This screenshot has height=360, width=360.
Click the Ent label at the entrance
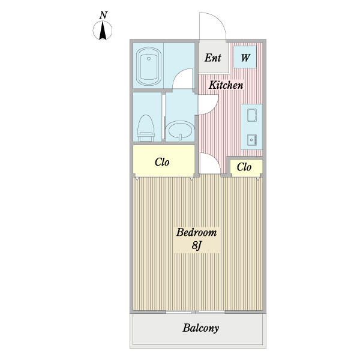pyautogui.click(x=213, y=58)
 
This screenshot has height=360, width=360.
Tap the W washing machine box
pyautogui.click(x=246, y=58)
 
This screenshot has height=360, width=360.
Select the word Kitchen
pyautogui.click(x=226, y=85)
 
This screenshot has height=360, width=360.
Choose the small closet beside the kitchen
pyautogui.click(x=244, y=167)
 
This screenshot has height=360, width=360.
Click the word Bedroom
pyautogui.click(x=196, y=233)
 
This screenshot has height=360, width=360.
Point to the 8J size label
pyautogui.click(x=196, y=245)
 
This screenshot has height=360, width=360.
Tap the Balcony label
pyautogui.click(x=200, y=328)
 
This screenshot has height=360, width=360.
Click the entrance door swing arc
pyautogui.click(x=213, y=25)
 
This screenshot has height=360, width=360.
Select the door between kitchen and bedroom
pyautogui.click(x=208, y=163)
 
